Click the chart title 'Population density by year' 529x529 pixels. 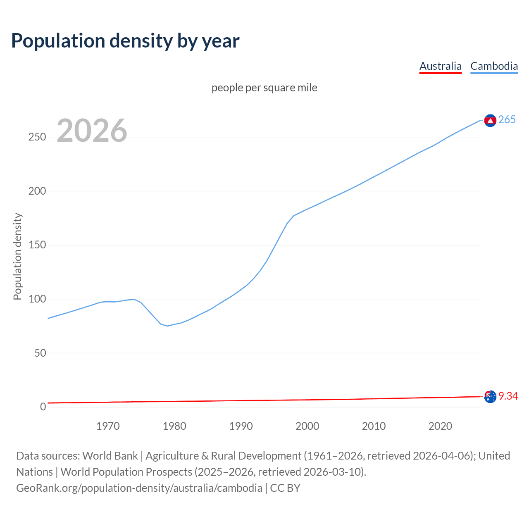125,41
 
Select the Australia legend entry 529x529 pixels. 440,66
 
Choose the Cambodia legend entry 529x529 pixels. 494,66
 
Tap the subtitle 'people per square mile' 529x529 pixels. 264,88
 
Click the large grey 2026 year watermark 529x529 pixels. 92,131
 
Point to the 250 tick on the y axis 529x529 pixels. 37,137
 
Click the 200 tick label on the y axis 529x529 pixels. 37,191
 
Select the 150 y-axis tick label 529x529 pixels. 37,245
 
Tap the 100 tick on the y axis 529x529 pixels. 37,299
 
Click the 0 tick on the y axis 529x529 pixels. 43,407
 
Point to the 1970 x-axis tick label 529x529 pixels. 108,426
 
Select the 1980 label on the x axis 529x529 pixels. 174,426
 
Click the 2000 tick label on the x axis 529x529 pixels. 307,426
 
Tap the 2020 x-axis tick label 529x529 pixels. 440,426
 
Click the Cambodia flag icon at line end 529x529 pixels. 490,120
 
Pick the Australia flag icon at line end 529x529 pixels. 490,397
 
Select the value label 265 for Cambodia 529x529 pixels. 507,120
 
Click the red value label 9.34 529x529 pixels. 508,396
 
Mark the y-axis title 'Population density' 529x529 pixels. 17,256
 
